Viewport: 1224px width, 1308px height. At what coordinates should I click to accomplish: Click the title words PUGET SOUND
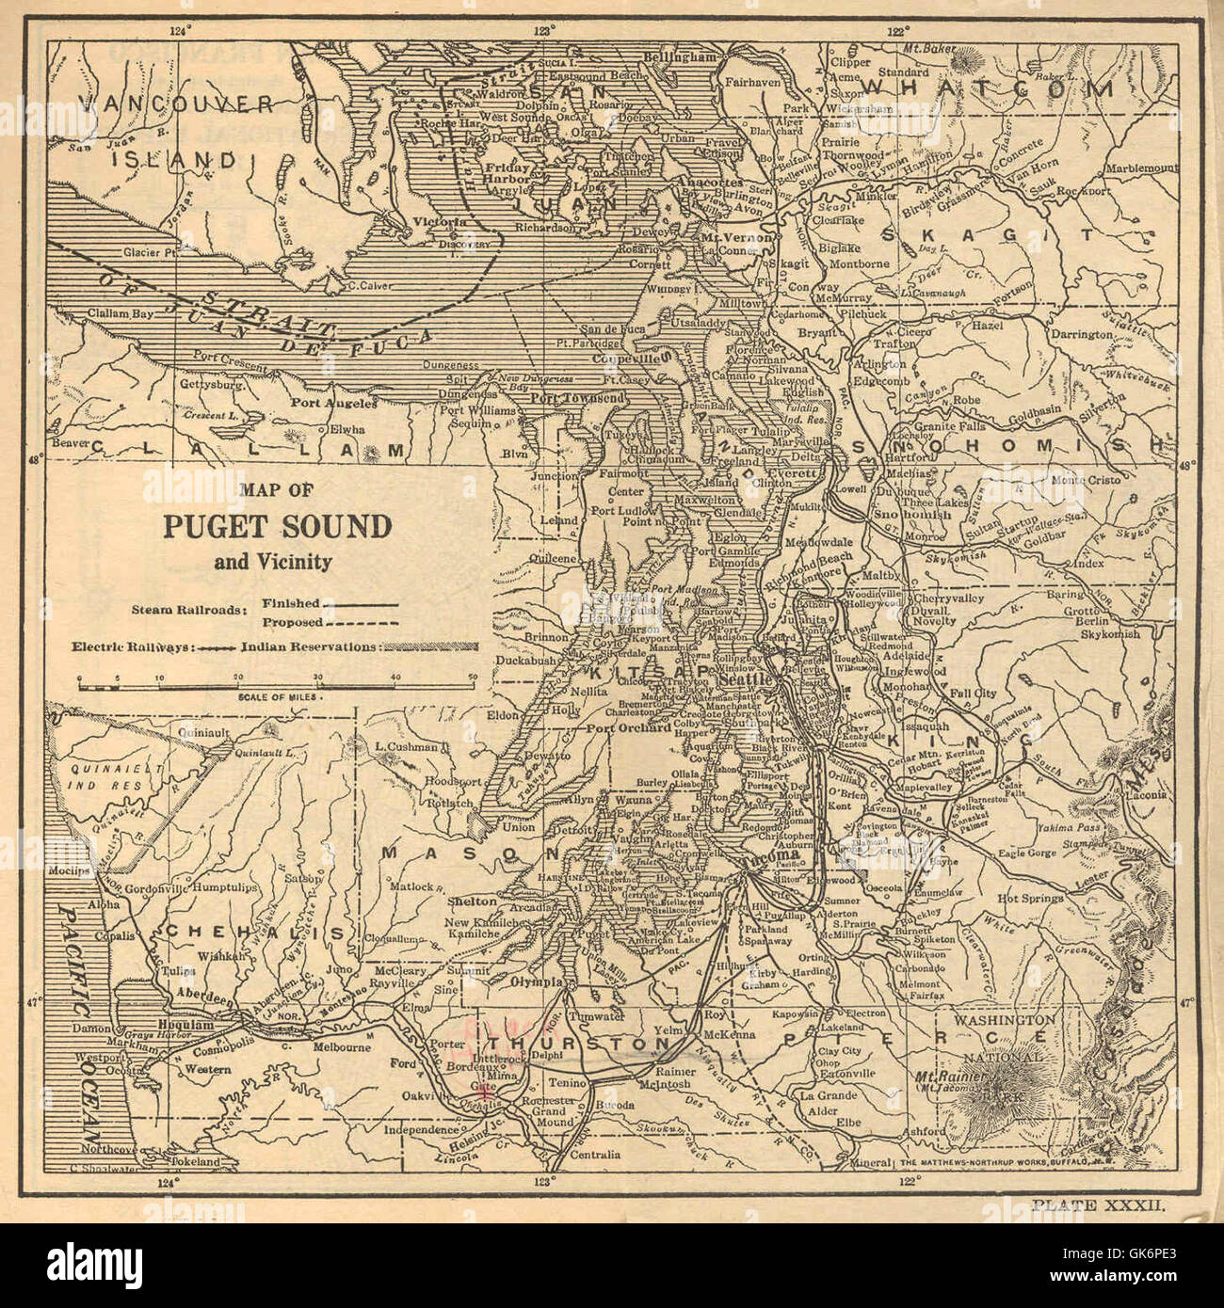(276, 526)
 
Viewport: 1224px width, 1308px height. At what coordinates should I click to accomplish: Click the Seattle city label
(745, 679)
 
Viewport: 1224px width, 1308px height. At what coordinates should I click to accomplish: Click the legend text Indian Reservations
(308, 647)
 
